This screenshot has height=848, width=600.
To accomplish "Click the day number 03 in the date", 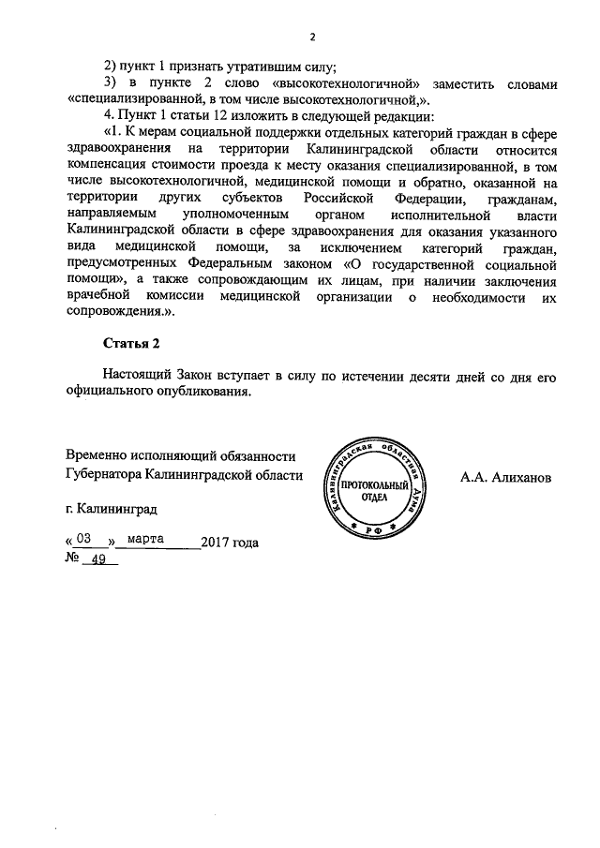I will click(x=86, y=541).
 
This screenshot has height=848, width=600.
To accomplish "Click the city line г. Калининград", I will click(x=106, y=510).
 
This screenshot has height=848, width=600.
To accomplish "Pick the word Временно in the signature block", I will click(x=97, y=456).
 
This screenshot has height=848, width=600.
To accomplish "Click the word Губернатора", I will click(x=104, y=475).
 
